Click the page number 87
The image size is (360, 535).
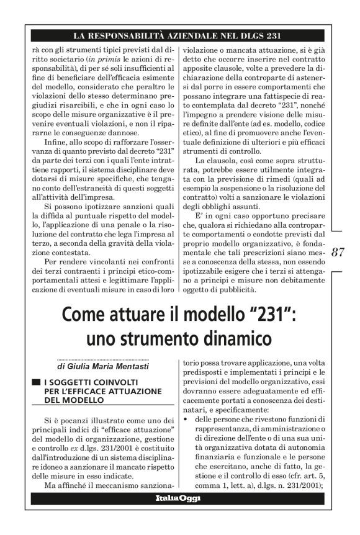pyautogui.click(x=338, y=252)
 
